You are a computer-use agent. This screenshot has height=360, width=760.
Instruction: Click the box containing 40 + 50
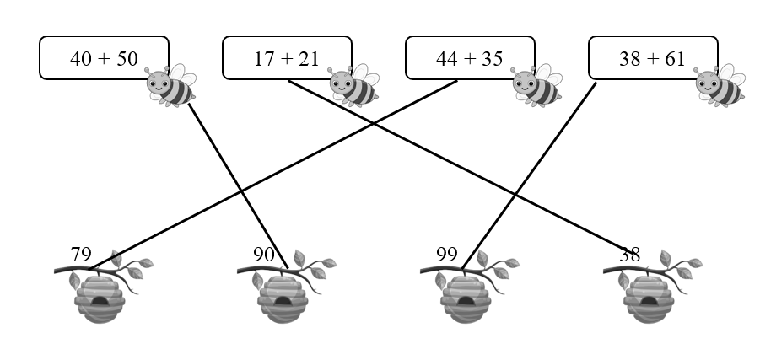point(105,57)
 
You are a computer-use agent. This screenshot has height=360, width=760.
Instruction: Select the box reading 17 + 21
point(287,57)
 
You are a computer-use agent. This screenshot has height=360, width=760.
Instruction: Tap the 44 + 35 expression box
point(470,57)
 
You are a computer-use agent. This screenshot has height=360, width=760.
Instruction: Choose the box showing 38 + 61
point(653,57)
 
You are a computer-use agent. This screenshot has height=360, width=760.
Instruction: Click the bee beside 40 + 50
point(170,86)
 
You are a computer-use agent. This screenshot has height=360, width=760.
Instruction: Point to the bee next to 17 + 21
point(353,86)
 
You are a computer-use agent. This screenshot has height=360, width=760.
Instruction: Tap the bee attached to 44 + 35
point(536,86)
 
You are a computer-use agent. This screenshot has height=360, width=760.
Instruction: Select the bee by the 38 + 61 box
point(720,86)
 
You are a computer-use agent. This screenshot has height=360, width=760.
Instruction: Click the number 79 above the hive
point(81,255)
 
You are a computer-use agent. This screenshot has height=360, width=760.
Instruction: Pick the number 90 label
point(264,255)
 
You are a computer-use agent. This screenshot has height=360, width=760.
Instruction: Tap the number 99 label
point(446,255)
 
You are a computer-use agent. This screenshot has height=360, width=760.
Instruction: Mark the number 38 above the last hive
point(629,255)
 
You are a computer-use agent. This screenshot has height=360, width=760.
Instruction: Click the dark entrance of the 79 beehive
point(100,302)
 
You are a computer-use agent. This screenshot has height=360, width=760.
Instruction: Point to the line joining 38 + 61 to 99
point(529,176)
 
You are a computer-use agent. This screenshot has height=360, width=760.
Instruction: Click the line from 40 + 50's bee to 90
point(239,185)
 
